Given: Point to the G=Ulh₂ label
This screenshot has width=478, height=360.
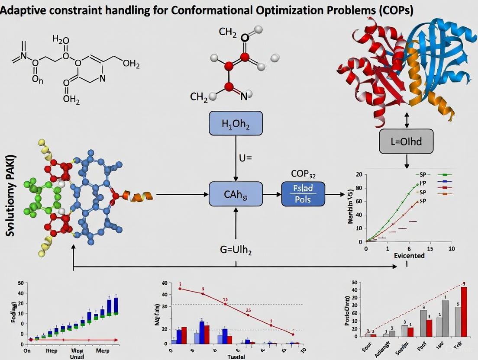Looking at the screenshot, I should [x=236, y=250].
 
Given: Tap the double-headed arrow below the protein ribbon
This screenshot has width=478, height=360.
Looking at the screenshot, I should [x=407, y=120].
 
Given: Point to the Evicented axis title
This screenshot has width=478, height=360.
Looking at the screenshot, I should [x=409, y=255].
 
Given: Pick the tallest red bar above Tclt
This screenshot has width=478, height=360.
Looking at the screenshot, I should [x=464, y=312].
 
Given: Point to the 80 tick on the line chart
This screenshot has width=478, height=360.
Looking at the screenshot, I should [x=358, y=188].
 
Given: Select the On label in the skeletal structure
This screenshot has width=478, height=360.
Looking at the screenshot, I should [x=38, y=80].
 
